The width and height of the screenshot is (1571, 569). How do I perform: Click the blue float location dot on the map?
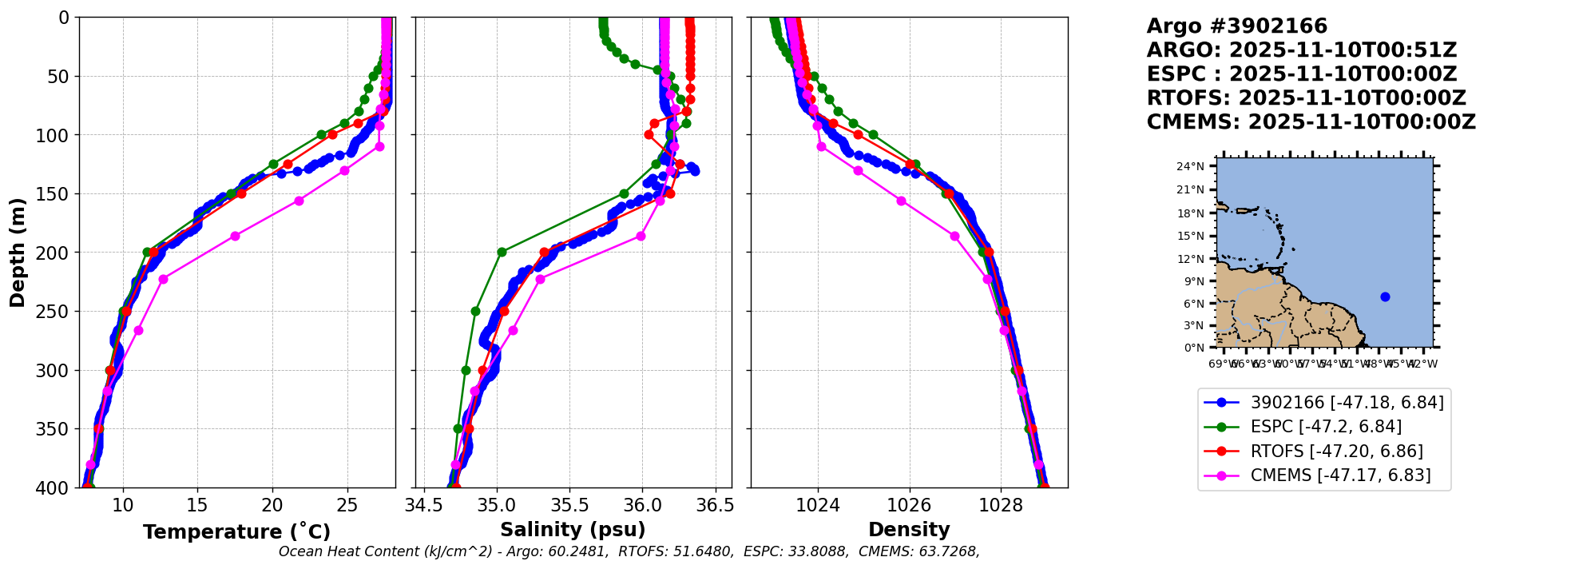pos(1385,296)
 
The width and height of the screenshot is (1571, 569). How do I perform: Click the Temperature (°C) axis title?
pos(236,532)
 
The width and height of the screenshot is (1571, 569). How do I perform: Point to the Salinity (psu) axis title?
pos(573,530)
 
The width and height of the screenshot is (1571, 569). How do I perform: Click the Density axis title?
pos(909,530)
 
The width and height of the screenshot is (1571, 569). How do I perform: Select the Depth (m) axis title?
pos(18,253)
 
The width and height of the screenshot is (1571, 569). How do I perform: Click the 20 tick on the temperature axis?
pos(272,505)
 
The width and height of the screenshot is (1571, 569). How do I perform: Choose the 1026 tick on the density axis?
pos(910,505)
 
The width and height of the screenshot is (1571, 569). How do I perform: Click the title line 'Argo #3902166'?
pos(1236,26)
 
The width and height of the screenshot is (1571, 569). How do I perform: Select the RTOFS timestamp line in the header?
pos(1306,98)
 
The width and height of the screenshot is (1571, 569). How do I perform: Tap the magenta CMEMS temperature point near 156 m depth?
pos(299,201)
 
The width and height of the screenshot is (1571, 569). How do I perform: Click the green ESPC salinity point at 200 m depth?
pos(502,252)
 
